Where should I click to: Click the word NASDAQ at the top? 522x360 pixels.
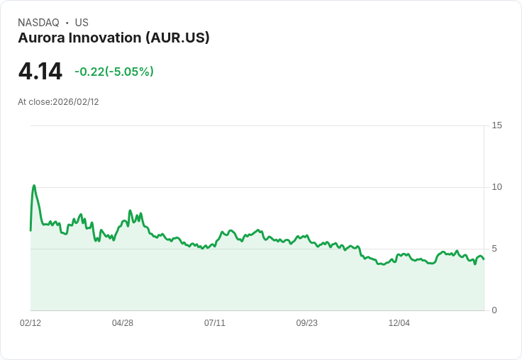38,23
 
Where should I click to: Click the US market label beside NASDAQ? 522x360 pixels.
82,23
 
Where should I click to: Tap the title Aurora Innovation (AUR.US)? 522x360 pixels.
113,38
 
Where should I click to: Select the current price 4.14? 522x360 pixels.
40,72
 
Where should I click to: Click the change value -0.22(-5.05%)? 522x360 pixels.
114,72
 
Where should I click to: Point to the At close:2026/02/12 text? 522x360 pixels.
58,102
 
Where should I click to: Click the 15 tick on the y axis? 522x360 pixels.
496,125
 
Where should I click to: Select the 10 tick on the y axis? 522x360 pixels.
496,187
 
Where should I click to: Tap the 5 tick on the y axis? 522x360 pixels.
494,249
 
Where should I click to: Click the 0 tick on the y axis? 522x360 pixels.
494,310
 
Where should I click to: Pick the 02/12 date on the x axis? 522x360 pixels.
30,323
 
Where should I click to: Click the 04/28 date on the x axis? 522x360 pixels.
123,323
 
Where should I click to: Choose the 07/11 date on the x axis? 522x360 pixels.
215,323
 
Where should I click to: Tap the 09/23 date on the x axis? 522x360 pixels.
307,323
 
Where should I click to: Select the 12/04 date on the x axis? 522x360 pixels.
399,323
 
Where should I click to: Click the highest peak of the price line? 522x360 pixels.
34,186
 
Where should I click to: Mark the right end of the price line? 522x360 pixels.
484,259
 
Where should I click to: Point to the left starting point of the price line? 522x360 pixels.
30,230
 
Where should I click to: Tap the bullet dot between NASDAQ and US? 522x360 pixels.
67,23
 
